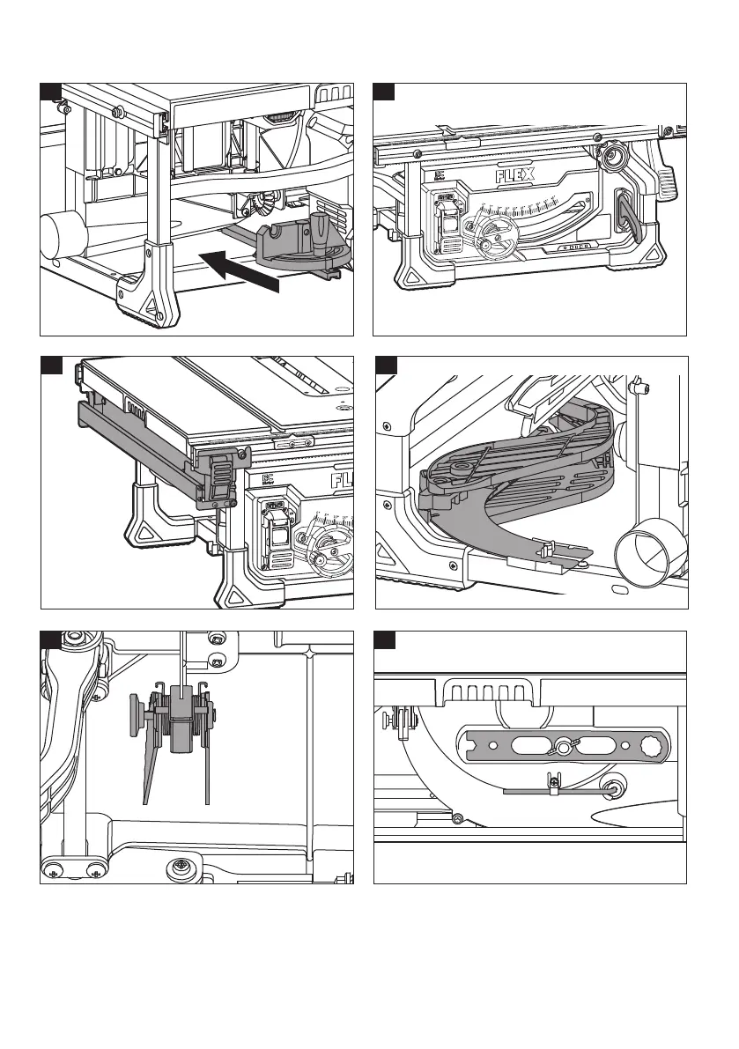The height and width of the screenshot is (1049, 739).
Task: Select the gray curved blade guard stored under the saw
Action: point(493,493)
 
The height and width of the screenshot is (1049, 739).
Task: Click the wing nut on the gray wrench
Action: point(562,748)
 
